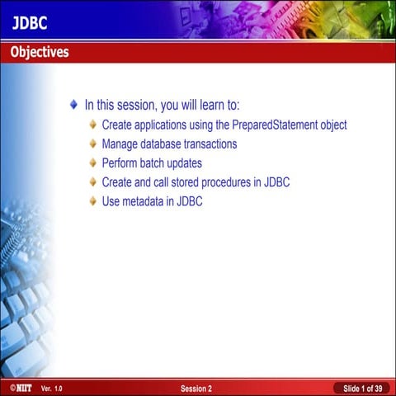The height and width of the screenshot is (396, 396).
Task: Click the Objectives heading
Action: click(x=40, y=52)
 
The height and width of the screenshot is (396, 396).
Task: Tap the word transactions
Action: click(x=206, y=144)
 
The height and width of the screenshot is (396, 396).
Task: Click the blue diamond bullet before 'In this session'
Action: click(x=74, y=106)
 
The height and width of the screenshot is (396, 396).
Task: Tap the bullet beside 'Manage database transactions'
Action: click(x=93, y=144)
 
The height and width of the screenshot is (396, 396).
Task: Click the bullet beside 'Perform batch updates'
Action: click(x=93, y=163)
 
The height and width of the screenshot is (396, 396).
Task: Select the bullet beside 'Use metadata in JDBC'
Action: click(x=93, y=201)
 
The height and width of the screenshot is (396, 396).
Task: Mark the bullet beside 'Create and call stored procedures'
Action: click(x=93, y=182)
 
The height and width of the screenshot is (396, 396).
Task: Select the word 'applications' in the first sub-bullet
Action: click(x=163, y=125)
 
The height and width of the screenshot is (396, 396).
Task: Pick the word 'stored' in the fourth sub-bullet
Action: click(x=191, y=182)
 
